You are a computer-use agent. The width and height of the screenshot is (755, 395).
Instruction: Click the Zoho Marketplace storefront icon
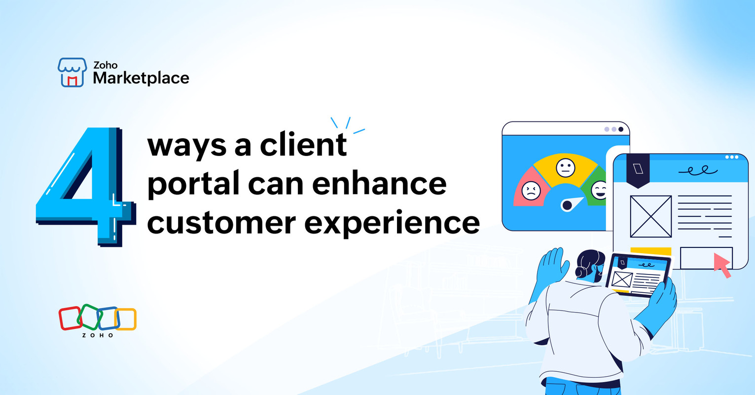[x=72, y=73]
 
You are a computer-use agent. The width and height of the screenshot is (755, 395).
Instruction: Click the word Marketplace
[x=141, y=78]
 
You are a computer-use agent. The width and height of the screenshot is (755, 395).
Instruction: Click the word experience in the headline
[x=392, y=224]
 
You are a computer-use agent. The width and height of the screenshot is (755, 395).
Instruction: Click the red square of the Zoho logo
[x=70, y=318]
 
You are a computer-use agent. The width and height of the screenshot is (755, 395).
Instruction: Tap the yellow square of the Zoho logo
[x=126, y=319]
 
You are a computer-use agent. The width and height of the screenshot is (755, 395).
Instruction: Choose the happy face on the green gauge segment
[x=599, y=190]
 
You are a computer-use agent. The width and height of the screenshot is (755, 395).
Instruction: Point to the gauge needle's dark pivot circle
[x=567, y=205]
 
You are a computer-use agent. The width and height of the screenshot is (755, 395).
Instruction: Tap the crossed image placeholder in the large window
[x=650, y=216]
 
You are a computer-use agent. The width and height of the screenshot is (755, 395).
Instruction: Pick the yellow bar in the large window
[x=650, y=251]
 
